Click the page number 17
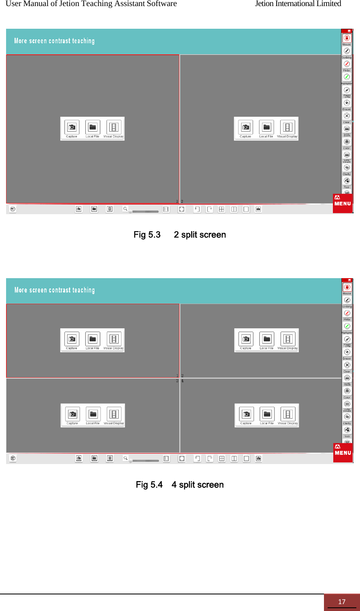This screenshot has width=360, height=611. coord(341,602)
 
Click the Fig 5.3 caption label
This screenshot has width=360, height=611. coord(147,235)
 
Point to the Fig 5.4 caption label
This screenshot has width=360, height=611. coord(149,485)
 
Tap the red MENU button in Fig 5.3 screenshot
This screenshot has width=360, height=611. coord(343,203)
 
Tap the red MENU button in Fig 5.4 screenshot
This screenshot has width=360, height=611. coord(343,452)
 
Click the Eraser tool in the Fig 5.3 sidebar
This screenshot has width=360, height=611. coord(347,103)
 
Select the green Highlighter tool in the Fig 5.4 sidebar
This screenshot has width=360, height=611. coord(347,326)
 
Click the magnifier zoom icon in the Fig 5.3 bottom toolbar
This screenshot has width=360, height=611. coord(126,209)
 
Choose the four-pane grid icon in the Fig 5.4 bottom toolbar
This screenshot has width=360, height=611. coord(222,458)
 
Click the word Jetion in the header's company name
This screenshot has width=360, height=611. coord(264,4)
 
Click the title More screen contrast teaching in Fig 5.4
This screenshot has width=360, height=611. coord(55,290)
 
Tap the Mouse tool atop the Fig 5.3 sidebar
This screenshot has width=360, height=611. coord(347,38)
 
